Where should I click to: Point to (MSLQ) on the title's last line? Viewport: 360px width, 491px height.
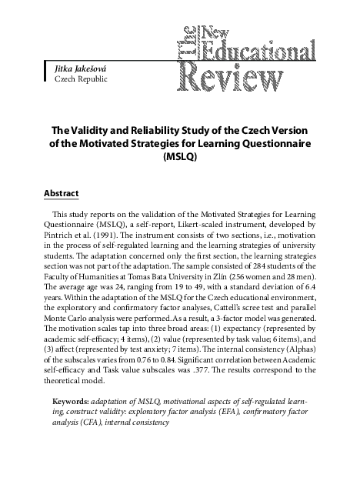[181, 155]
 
